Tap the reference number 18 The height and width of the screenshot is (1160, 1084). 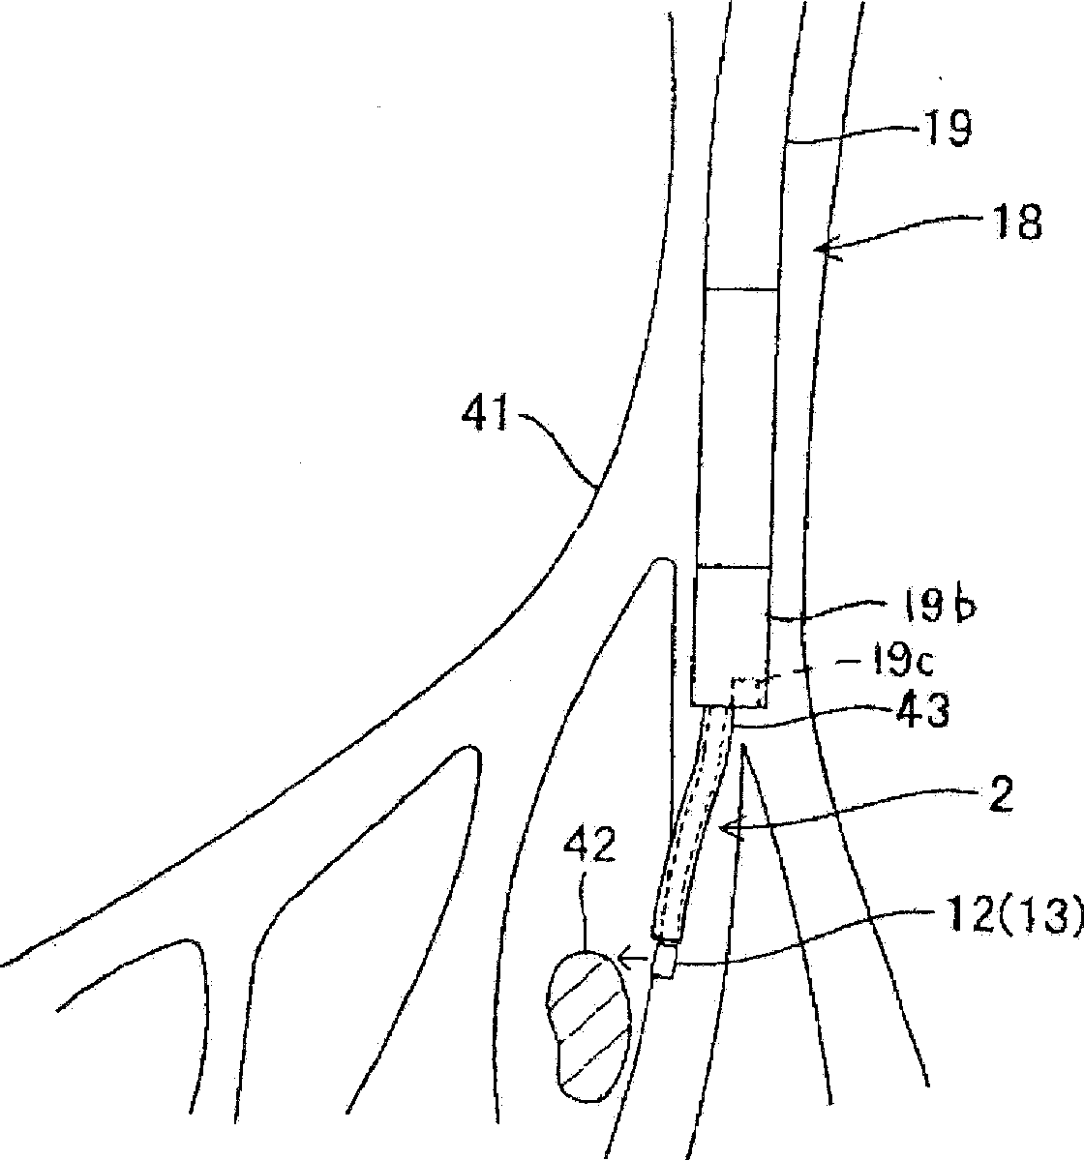pos(1014,224)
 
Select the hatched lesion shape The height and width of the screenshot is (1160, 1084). pos(586,1026)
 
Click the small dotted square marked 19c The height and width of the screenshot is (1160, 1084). pos(749,693)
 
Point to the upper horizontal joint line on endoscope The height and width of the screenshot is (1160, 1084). pos(740,289)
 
